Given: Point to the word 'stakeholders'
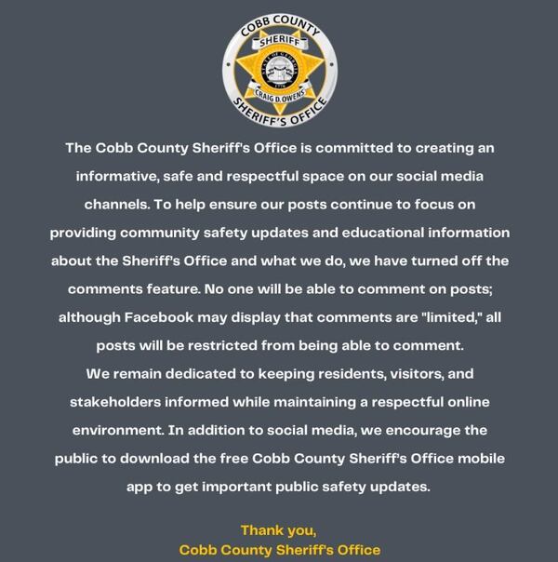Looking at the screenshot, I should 120,402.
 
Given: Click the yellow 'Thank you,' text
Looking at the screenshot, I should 278,530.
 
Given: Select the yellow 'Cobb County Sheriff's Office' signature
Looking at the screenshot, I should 279,550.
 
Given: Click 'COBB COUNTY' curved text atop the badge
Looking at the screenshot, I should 279,20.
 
